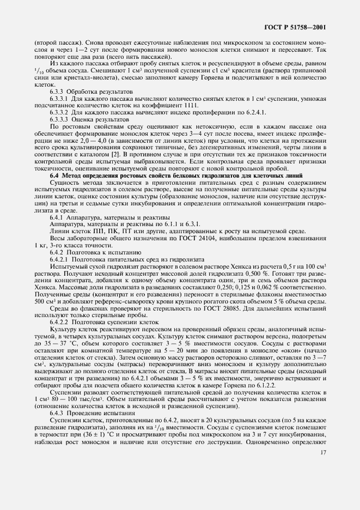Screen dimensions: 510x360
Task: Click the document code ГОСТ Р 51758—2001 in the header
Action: point(298,27)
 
